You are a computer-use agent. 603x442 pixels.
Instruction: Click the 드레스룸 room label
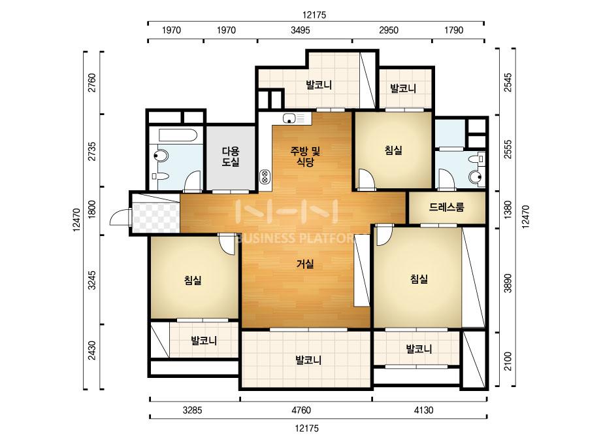pyautogui.click(x=446, y=207)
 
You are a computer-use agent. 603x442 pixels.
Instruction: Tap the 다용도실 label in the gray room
pyautogui.click(x=231, y=156)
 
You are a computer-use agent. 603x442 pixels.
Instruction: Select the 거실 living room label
pyautogui.click(x=305, y=263)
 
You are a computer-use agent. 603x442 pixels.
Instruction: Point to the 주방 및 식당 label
pyautogui.click(x=305, y=156)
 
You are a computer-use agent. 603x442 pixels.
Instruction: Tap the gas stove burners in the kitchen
pyautogui.click(x=265, y=177)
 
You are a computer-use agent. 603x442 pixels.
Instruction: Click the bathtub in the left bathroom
pyautogui.click(x=178, y=135)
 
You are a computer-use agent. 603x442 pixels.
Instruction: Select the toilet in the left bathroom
pyautogui.click(x=160, y=156)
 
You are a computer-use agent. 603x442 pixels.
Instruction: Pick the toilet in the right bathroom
pyautogui.click(x=476, y=177)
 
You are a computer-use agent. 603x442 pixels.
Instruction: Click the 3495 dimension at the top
pyautogui.click(x=301, y=30)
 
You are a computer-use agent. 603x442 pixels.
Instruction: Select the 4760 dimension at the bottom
pyautogui.click(x=301, y=411)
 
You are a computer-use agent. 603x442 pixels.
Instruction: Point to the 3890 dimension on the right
pyautogui.click(x=508, y=283)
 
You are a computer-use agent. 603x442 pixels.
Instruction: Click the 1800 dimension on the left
pyautogui.click(x=91, y=209)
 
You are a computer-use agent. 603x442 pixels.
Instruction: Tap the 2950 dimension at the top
pyautogui.click(x=389, y=30)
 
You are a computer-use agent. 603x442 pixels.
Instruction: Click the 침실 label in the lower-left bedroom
pyautogui.click(x=193, y=280)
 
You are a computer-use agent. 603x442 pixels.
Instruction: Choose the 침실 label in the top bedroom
pyautogui.click(x=393, y=150)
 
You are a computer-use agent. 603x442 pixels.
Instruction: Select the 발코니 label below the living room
pyautogui.click(x=308, y=360)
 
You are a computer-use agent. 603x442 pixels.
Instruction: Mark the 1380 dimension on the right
pyautogui.click(x=508, y=210)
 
